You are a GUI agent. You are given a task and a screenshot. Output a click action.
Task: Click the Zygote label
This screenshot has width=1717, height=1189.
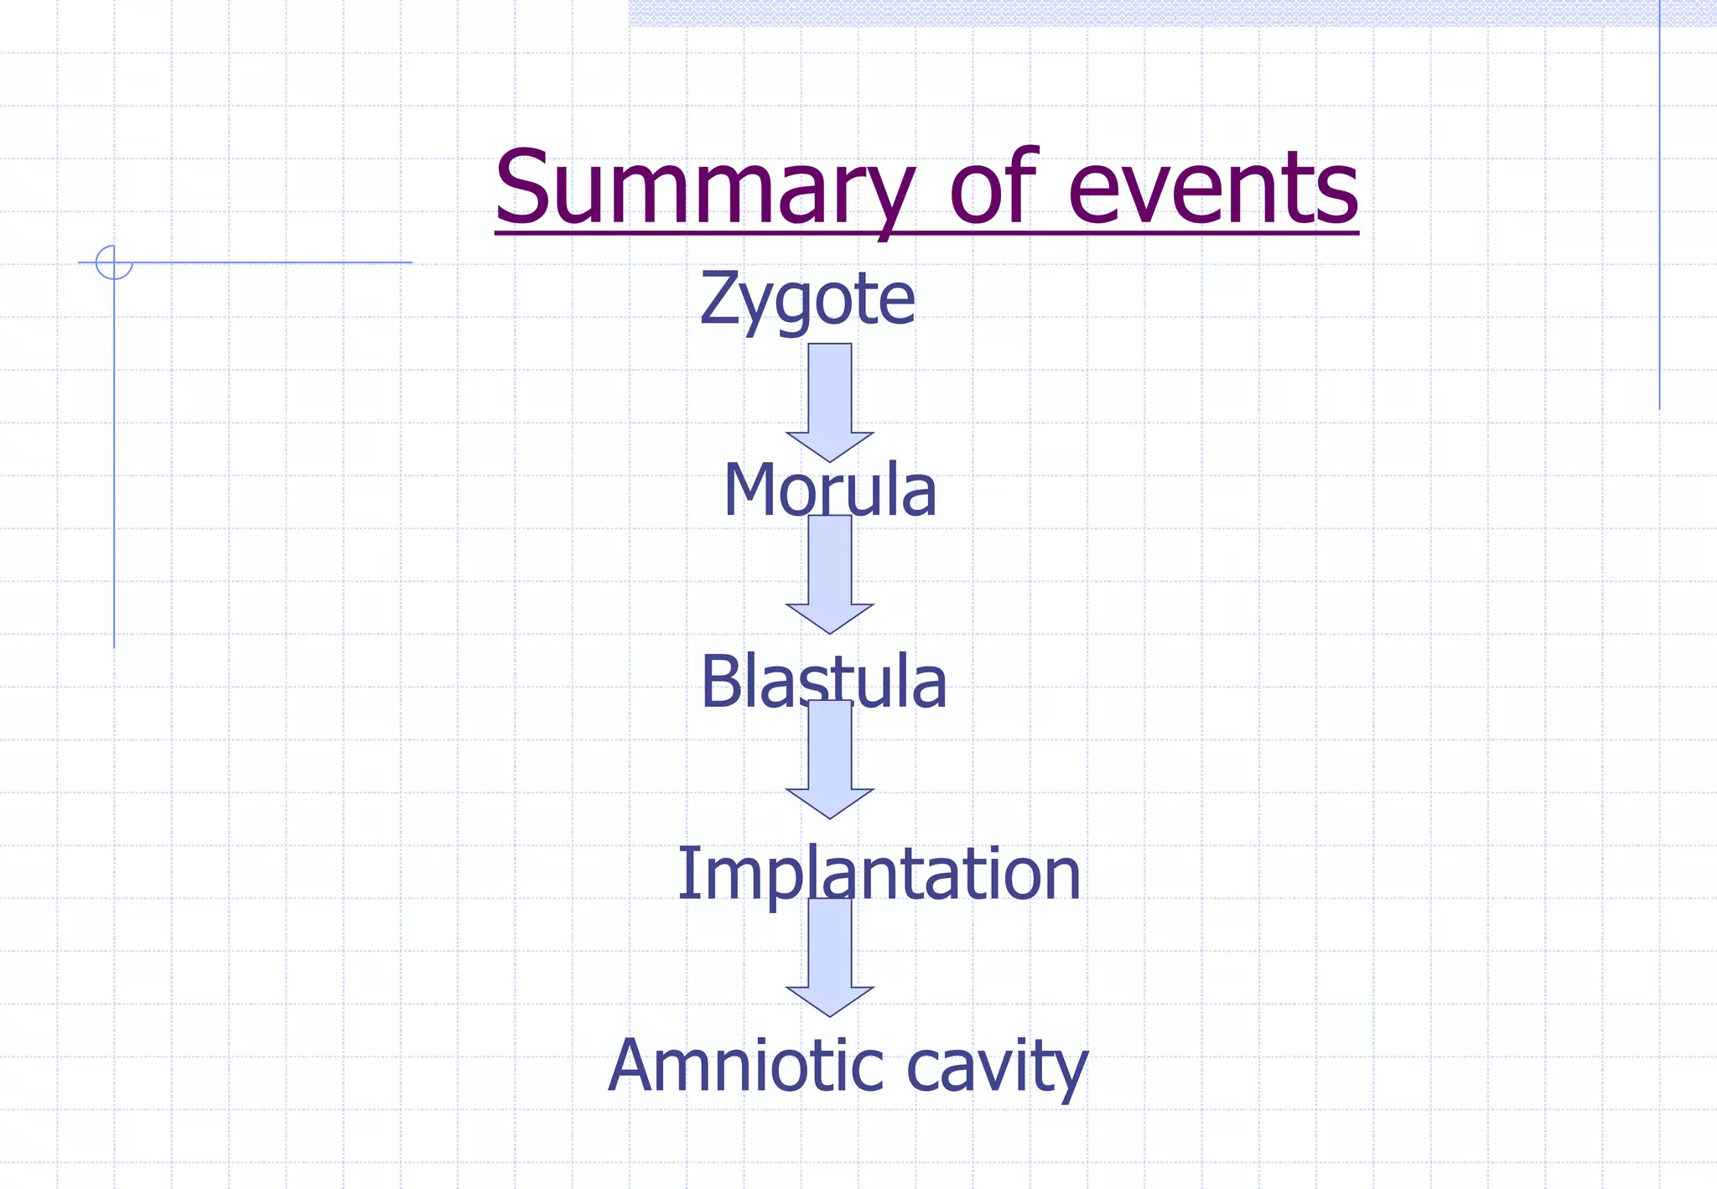click(807, 299)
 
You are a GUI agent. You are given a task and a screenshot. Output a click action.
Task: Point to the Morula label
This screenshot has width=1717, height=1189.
click(829, 491)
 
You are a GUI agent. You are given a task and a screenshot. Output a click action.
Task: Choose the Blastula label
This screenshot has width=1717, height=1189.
click(823, 682)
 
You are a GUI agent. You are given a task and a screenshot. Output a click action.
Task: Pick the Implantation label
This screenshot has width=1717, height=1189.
click(879, 875)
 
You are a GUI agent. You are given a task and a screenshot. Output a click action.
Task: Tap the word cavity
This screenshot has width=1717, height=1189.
click(997, 1067)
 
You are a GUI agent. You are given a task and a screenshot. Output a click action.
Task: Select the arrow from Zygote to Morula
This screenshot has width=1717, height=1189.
click(830, 402)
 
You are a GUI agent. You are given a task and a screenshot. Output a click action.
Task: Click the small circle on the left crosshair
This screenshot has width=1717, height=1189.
click(114, 262)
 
